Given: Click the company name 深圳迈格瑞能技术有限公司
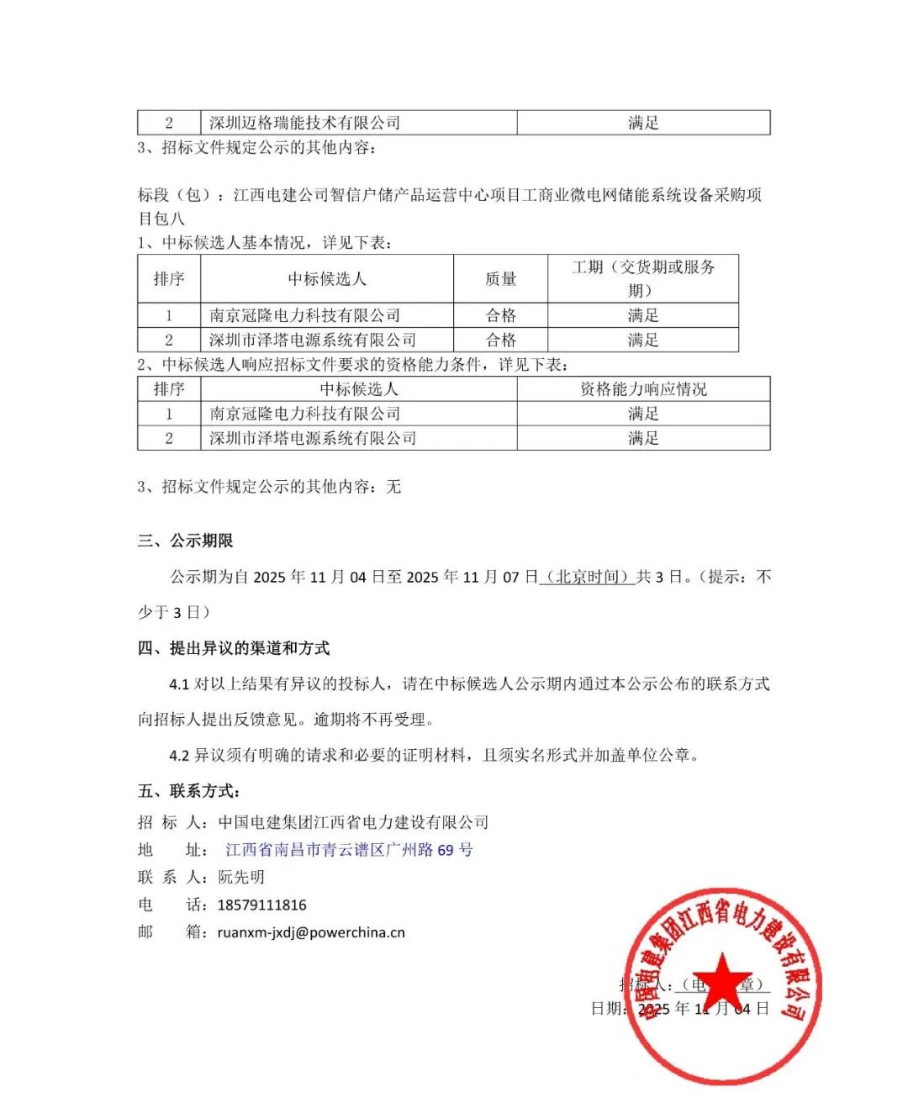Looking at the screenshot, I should coord(304,123).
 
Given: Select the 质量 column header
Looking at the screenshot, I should coord(500,279).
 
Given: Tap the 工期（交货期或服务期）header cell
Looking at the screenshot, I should coord(643,278).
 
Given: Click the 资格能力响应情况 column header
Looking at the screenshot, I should coord(643,389).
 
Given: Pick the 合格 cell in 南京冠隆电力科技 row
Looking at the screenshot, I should coord(500,315).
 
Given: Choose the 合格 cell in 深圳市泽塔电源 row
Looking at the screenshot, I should coord(500,340).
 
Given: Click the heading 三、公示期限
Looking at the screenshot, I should coord(186,541).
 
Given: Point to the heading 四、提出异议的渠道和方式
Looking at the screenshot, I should coord(234,648).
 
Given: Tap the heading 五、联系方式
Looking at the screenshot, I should coord(190,791).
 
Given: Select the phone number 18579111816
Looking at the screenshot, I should coord(261,905).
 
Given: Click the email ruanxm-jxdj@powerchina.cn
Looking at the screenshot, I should coord(311,932).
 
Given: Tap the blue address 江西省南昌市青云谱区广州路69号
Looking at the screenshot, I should coord(349,850).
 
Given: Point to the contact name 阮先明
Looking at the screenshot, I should coord(241,877).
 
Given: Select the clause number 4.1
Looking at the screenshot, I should coord(179,684).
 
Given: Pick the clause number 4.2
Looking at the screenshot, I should coord(179,756).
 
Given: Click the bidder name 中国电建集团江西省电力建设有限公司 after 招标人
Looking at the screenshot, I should coord(353,822).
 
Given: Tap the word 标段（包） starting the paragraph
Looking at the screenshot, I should coord(173,195).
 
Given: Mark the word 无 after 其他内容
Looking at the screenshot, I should coord(393,487).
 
